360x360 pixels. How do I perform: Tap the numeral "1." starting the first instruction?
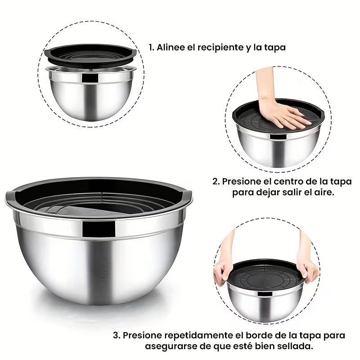152,47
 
